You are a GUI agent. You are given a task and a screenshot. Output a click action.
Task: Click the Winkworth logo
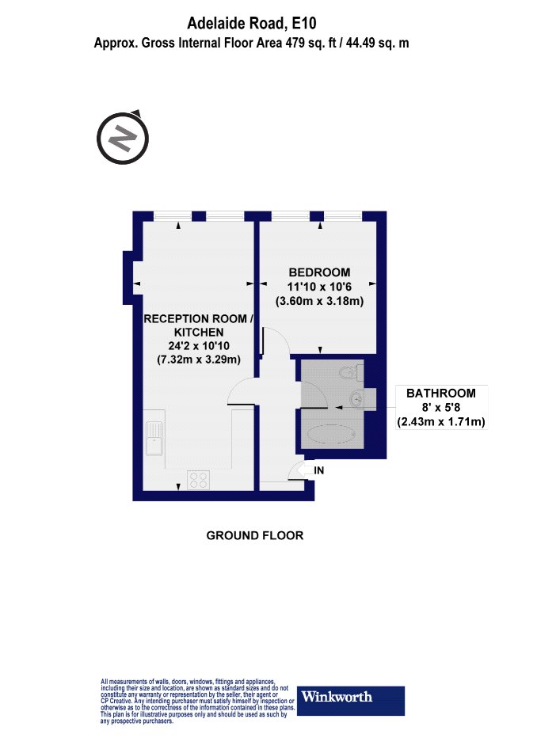(x=351, y=700)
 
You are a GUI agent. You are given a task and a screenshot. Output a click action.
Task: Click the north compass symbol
(x=123, y=138)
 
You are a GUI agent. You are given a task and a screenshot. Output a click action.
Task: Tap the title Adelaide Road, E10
(x=252, y=23)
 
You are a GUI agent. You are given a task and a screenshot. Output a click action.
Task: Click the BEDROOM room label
(x=319, y=272)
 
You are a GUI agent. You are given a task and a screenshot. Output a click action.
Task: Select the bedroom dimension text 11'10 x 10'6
(x=319, y=287)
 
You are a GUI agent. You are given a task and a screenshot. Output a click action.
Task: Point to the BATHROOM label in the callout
(x=441, y=393)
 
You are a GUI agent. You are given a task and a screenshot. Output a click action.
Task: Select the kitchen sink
(x=154, y=439)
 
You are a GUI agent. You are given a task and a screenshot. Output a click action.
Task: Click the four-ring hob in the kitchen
(x=199, y=480)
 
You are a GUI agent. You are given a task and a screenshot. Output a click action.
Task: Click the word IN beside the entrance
(x=319, y=470)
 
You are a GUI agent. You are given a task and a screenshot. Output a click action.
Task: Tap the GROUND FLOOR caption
(x=254, y=535)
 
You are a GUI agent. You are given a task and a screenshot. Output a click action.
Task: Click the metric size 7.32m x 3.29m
(x=199, y=360)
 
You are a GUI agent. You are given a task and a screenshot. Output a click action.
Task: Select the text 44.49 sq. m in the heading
(x=378, y=44)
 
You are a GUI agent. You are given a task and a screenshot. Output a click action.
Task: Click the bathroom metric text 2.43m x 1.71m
(x=441, y=422)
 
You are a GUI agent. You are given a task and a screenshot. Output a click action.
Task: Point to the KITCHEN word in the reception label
(x=199, y=333)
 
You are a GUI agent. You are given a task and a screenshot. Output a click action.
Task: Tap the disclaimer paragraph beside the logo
(x=198, y=701)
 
